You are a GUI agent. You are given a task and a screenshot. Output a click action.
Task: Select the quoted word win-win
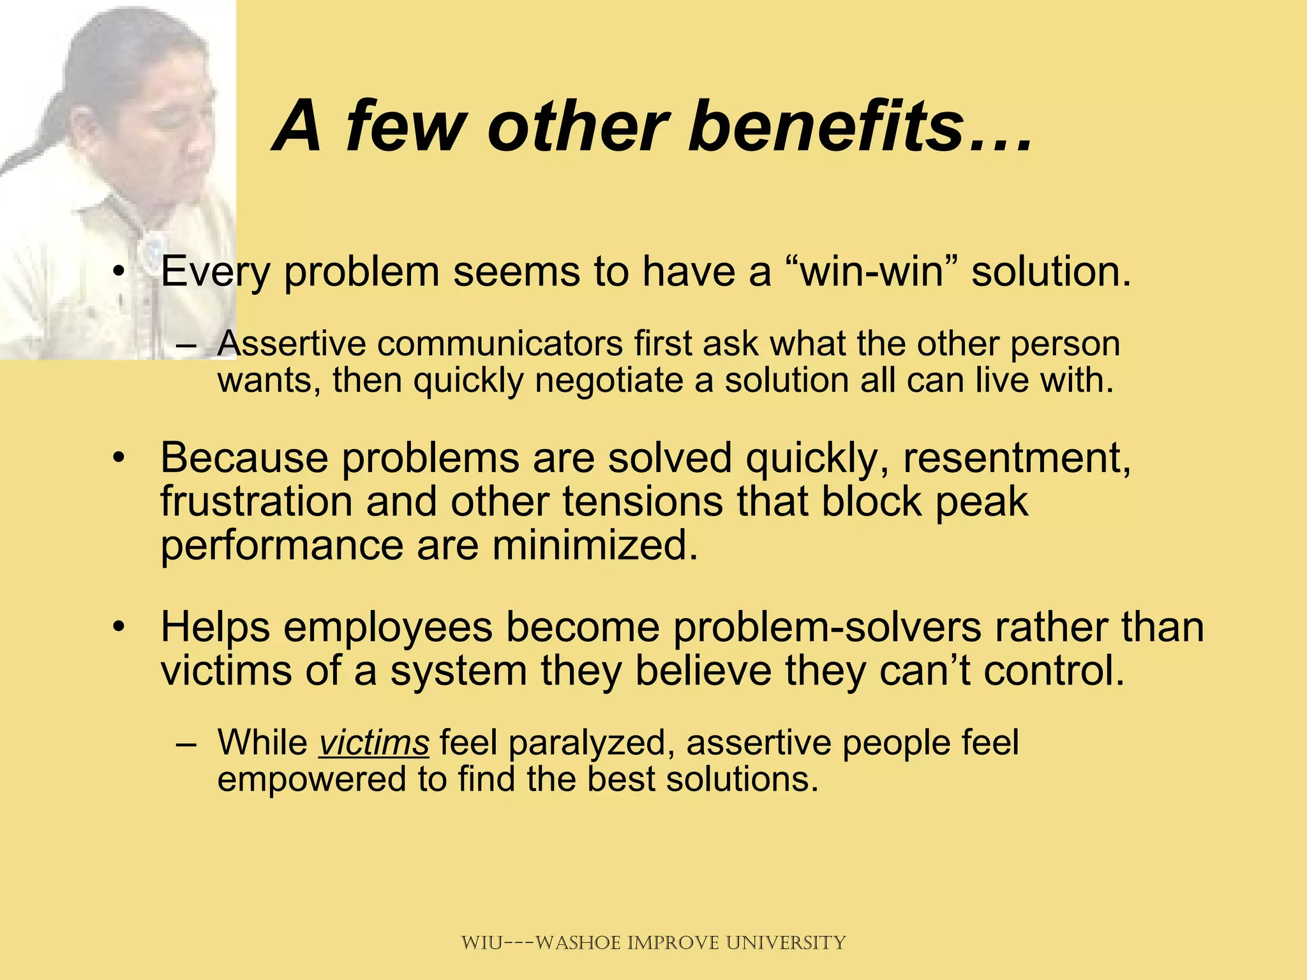(x=871, y=271)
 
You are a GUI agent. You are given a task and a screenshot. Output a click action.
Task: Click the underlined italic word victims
(x=374, y=743)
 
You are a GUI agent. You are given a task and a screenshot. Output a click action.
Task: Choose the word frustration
(x=256, y=501)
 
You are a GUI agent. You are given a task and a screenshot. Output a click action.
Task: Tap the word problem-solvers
(x=826, y=628)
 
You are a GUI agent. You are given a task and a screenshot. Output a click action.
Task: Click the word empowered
(x=311, y=780)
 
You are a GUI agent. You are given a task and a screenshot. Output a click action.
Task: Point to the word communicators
(x=500, y=344)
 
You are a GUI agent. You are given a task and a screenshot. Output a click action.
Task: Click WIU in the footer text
(x=482, y=942)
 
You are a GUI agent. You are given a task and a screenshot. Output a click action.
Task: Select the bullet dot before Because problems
(x=117, y=459)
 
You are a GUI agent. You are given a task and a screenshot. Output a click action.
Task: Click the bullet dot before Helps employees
(x=117, y=628)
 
